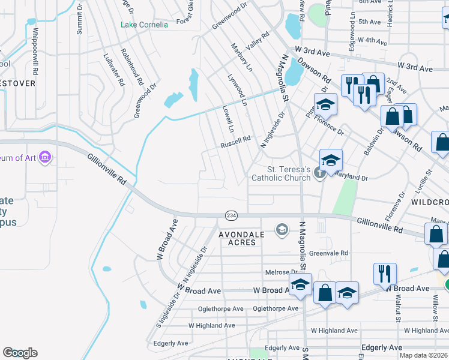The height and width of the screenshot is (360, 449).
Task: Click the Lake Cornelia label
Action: click(x=144, y=25)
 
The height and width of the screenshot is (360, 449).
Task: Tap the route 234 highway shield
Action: click(x=231, y=215)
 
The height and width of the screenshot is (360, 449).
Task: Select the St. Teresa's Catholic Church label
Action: click(x=281, y=173)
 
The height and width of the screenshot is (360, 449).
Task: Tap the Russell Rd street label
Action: click(x=235, y=142)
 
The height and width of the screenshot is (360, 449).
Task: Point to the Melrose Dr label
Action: click(x=277, y=272)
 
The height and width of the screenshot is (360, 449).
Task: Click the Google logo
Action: click(x=20, y=353)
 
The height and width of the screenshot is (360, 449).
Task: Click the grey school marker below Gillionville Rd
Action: click(x=282, y=229)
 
